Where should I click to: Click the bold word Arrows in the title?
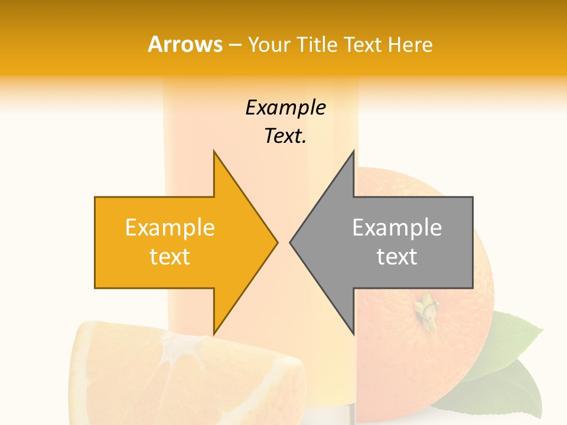185,44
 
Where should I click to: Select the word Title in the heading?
318,44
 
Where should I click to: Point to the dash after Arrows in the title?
234,45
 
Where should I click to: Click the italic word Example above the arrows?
285,107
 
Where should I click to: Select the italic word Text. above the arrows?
285,136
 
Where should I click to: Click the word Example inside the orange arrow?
170,227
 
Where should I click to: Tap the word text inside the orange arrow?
170,257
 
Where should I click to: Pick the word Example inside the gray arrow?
397,227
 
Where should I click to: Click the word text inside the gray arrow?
397,257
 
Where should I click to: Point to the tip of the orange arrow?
276,242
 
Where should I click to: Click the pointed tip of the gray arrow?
291,242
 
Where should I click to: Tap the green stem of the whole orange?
425,308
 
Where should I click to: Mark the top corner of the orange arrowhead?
214,152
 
